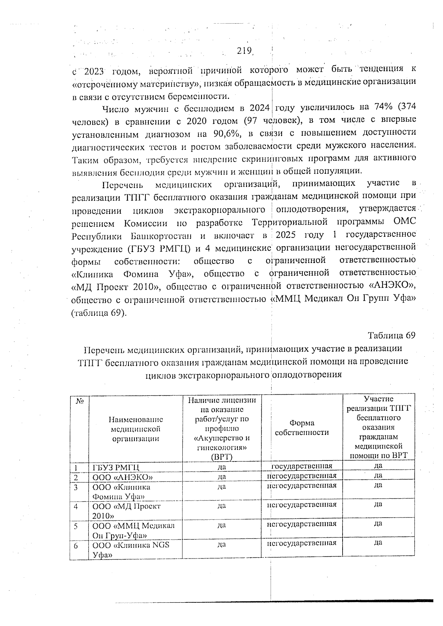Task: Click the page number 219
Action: [x=244, y=51]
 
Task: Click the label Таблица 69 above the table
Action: [x=391, y=335]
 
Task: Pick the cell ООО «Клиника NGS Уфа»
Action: [x=131, y=549]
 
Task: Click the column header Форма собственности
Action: [x=302, y=428]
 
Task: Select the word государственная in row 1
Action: [x=302, y=466]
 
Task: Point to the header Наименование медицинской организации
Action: [x=135, y=429]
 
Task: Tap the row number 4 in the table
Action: [x=76, y=506]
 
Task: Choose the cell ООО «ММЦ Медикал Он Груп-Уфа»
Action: [x=133, y=530]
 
